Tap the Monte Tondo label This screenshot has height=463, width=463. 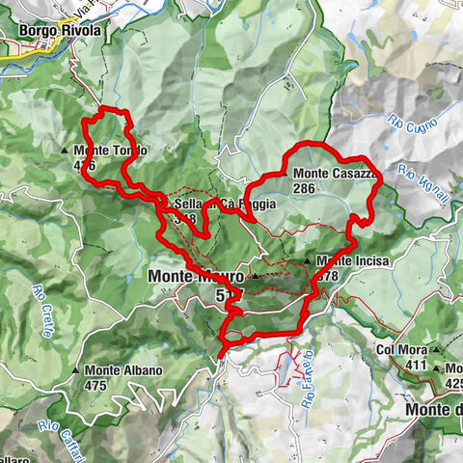(110, 150)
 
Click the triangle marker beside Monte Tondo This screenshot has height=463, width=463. (67, 151)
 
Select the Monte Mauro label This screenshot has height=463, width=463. (193, 276)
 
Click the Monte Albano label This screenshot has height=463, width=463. (123, 370)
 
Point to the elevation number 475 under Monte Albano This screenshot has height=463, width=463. (96, 385)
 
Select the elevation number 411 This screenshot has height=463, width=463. (416, 365)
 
